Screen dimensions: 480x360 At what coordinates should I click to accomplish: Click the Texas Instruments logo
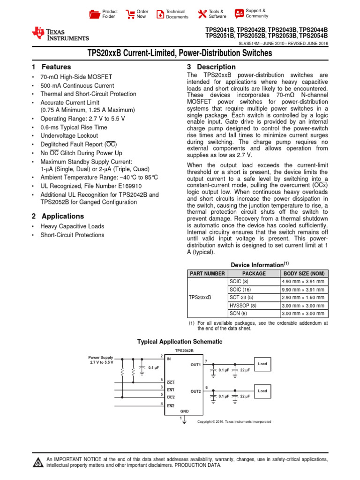(x=60, y=34)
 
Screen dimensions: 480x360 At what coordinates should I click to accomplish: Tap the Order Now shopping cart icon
(x=130, y=14)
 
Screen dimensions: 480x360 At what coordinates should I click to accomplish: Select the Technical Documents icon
(x=160, y=14)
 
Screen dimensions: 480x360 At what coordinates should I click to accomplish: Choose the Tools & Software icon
(x=202, y=14)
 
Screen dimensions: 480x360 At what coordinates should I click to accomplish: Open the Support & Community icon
(x=239, y=14)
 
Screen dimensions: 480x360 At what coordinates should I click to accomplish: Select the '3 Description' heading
(x=211, y=67)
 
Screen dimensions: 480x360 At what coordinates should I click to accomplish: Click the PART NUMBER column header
(x=207, y=274)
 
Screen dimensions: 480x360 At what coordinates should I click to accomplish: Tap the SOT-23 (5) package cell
(x=241, y=298)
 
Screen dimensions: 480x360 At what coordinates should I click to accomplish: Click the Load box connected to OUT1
(x=262, y=363)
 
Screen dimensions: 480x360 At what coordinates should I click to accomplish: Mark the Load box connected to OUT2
(x=262, y=390)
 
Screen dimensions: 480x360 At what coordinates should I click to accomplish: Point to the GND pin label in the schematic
(x=185, y=411)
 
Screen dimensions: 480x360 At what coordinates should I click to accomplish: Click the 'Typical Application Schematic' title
(x=180, y=342)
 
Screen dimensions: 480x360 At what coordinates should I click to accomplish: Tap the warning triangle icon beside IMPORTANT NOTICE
(x=37, y=463)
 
